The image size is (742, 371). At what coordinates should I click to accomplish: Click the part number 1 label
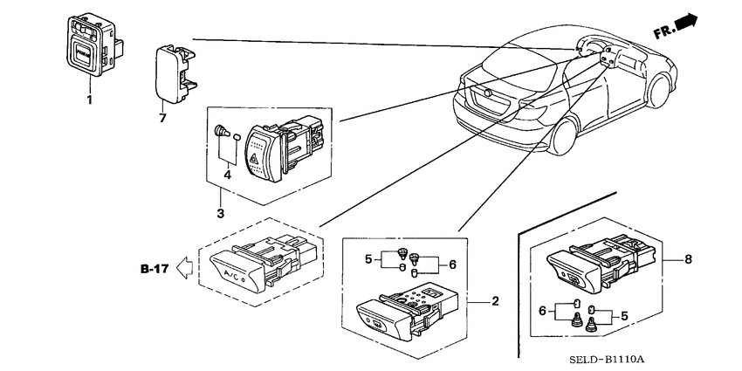(x=87, y=102)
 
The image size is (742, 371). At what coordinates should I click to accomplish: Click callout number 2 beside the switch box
(x=495, y=301)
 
